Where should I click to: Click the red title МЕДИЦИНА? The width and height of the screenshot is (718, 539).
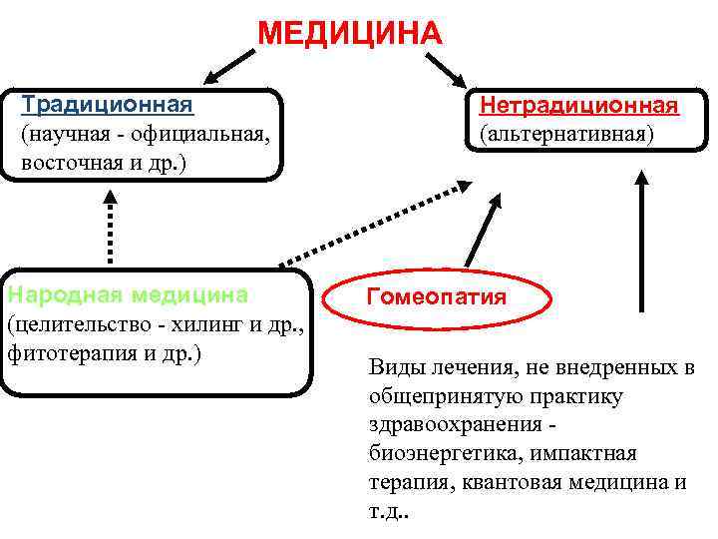pyautogui.click(x=348, y=34)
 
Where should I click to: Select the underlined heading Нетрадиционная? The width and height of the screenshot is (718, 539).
pyautogui.click(x=578, y=106)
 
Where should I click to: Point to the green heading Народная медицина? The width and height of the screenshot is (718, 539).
pyautogui.click(x=128, y=294)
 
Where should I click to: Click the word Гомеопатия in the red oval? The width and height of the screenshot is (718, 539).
pyautogui.click(x=437, y=297)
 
